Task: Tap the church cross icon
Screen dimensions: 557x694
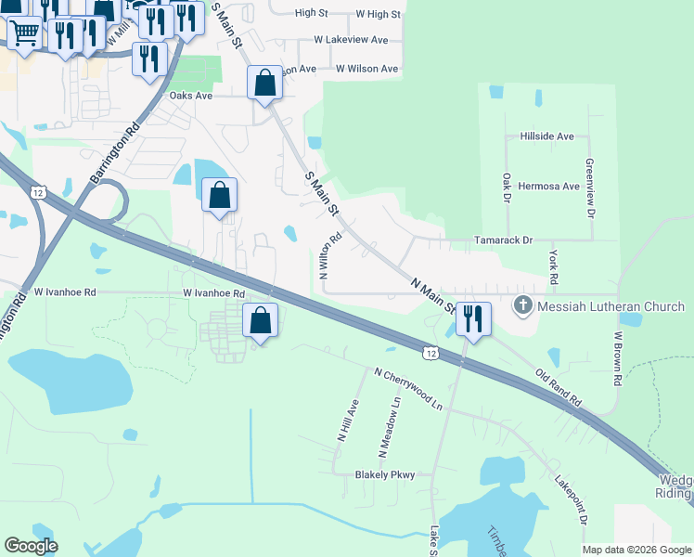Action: tap(522, 305)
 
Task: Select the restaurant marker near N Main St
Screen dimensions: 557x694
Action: tap(473, 319)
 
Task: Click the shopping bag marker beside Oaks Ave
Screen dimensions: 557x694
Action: tap(264, 83)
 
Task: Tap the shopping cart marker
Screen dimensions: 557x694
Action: tap(24, 32)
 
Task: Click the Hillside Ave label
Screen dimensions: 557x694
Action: tap(547, 136)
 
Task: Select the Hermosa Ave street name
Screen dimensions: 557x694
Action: tap(548, 186)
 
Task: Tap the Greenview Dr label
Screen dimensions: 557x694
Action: tap(589, 187)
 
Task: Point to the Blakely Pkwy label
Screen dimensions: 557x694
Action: tap(384, 474)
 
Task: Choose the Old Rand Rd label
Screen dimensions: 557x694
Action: tap(559, 388)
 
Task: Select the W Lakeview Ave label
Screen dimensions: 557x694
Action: tap(351, 40)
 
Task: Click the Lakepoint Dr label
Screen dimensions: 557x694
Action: tap(572, 502)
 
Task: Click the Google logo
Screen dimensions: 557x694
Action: tap(32, 546)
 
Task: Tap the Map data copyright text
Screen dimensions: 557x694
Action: tap(636, 550)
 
